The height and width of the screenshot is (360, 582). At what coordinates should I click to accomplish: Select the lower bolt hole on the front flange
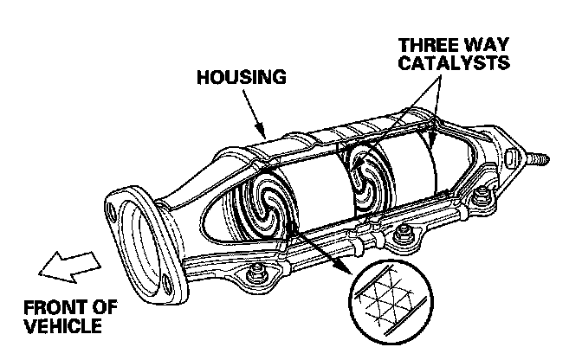pos(165,279)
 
